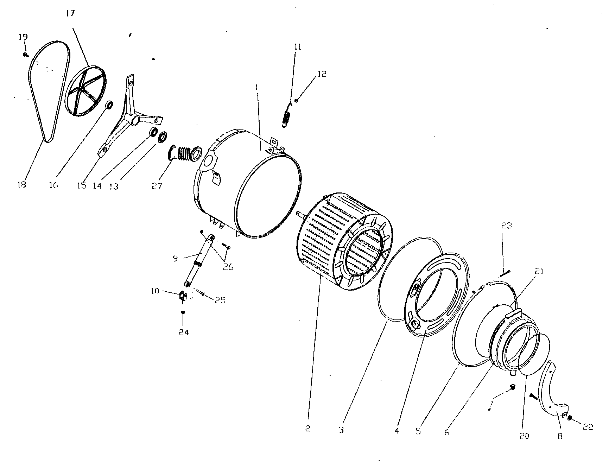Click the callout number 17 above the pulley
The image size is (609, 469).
70,14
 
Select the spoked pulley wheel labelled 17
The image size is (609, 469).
84,90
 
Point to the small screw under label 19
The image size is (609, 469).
26,55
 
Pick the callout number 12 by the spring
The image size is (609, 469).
322,74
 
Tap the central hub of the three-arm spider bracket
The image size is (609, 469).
134,120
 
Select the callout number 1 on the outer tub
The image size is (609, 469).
257,87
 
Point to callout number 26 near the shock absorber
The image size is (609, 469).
228,267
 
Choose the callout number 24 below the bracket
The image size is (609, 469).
183,332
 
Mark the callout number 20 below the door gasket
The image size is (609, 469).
524,436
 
